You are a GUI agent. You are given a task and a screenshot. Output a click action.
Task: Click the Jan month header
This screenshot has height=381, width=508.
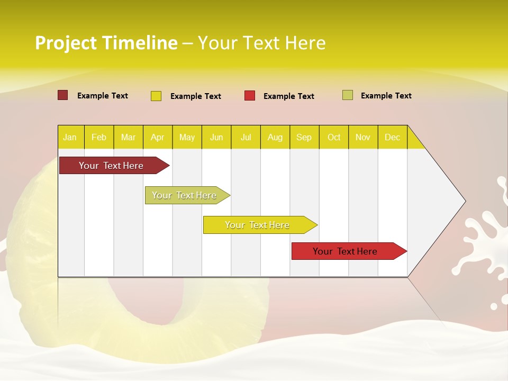pos(70,137)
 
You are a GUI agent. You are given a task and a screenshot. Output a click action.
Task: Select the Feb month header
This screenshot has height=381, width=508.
pos(99,137)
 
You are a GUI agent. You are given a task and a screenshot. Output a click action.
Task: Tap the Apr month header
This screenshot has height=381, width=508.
pos(157,137)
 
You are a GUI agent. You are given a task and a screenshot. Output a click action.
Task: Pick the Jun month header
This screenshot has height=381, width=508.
pos(216,137)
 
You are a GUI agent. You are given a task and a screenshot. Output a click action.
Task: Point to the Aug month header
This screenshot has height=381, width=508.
pos(275,137)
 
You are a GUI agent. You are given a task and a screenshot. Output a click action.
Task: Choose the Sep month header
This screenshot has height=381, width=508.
pos(304,137)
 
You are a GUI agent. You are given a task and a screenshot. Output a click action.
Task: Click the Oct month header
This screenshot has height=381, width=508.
pos(334,137)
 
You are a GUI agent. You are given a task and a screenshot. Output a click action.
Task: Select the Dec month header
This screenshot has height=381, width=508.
pos(392,137)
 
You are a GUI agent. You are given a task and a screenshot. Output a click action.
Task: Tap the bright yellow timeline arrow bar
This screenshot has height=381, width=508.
pos(258,225)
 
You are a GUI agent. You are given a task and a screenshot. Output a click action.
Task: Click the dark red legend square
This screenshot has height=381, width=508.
pos(62,95)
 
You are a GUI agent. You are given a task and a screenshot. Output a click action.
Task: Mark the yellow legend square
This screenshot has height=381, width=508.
pos(156,96)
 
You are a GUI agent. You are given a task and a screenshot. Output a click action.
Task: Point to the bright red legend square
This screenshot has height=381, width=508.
pos(250,96)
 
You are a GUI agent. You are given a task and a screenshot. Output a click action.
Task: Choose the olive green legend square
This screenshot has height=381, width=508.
pos(347,95)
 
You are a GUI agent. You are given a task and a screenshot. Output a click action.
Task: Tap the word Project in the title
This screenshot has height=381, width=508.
pos(66,43)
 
